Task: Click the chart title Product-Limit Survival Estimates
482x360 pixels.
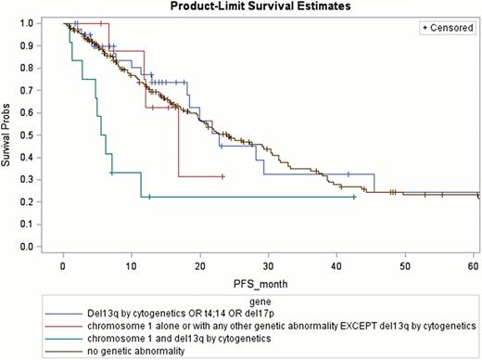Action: pyautogui.click(x=267, y=6)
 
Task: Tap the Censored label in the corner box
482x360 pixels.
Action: pyautogui.click(x=450, y=30)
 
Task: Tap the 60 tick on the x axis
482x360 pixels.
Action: pyautogui.click(x=474, y=268)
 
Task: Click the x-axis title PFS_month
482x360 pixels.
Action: pyautogui.click(x=269, y=282)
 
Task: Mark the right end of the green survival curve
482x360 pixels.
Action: pyautogui.click(x=355, y=197)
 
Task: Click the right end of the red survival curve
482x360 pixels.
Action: pyautogui.click(x=223, y=176)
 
